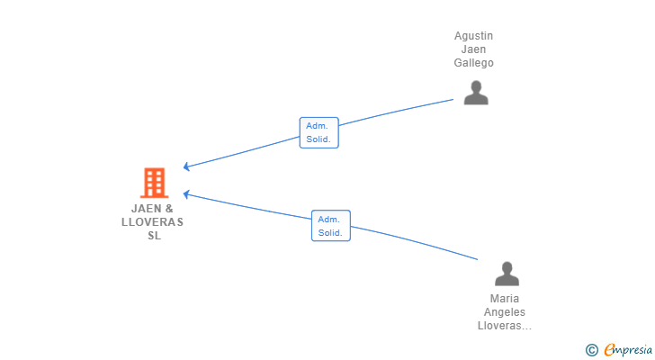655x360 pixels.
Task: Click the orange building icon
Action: coord(154,183)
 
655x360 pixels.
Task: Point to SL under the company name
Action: coord(154,235)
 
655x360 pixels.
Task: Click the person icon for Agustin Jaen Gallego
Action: coord(475,93)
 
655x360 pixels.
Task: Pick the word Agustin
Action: coord(473,36)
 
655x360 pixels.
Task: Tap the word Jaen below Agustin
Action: coord(473,49)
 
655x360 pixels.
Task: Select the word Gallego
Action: coord(473,63)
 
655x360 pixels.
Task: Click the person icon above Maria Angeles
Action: coord(507,274)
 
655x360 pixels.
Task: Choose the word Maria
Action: coord(505,299)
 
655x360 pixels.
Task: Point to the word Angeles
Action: coord(505,312)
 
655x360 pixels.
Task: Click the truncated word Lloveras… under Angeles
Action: coord(505,326)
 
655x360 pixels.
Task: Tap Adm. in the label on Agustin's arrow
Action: coord(318,126)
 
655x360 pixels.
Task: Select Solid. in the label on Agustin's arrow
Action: coord(319,139)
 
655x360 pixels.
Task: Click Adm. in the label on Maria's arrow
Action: coord(330,220)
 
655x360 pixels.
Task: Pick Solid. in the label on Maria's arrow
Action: coord(330,233)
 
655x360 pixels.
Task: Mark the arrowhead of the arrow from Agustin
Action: coord(185,166)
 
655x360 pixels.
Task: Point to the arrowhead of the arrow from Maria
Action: coord(185,193)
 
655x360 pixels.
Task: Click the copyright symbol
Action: coord(591,349)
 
